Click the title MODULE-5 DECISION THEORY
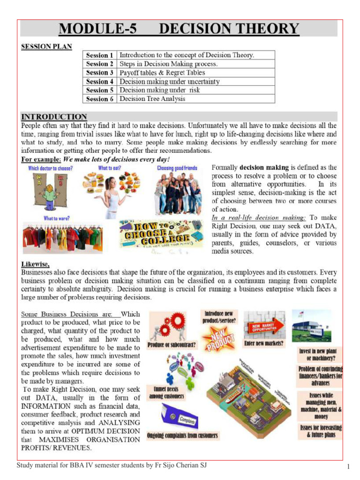tap(179, 29)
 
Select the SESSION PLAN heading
tap(46, 47)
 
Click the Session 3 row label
tap(99, 73)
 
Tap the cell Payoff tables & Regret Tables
tap(162, 73)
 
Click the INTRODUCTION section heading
tap(54, 117)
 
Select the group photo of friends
tap(178, 192)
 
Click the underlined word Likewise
tap(35, 264)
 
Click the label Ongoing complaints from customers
tap(182, 435)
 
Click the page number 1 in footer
tap(349, 467)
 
